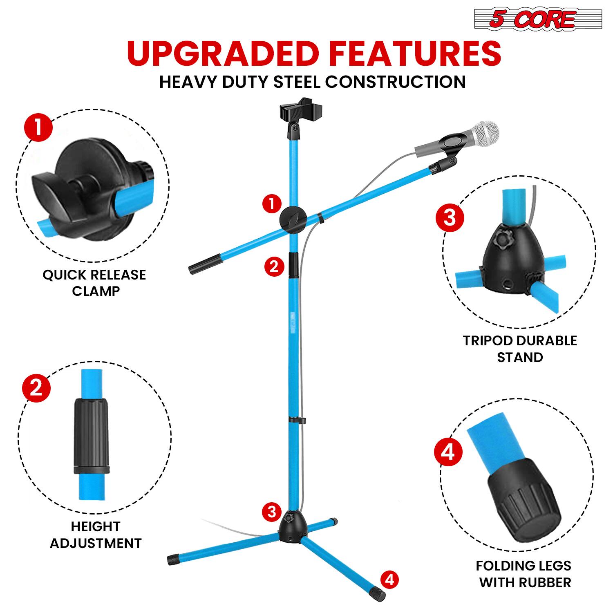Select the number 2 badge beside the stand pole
[273, 266]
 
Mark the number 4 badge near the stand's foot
[389, 579]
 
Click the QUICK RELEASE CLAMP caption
[94, 283]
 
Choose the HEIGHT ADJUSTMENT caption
[96, 535]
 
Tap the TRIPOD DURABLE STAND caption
[520, 349]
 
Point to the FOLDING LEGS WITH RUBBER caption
[524, 574]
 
